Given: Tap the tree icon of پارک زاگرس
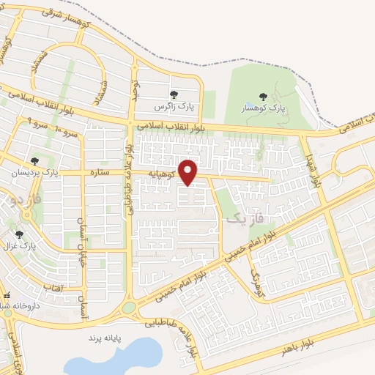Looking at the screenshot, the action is click(174, 94).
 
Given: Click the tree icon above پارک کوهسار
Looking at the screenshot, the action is click(262, 96).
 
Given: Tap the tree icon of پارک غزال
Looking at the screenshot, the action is click(20, 234).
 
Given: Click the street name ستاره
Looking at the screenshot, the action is click(99, 174).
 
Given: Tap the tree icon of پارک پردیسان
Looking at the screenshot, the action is click(34, 161).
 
